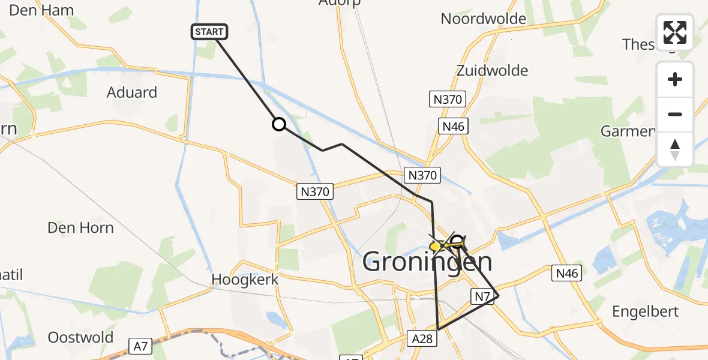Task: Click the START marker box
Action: click(209, 32)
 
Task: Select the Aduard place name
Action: click(131, 92)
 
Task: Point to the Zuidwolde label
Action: click(492, 70)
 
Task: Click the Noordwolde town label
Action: click(483, 19)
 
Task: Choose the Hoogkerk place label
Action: click(237, 280)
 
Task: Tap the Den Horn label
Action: click(80, 228)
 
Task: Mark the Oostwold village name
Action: click(80, 337)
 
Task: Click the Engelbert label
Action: click(645, 311)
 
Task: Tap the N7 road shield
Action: click(482, 295)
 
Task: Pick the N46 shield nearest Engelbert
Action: click(566, 274)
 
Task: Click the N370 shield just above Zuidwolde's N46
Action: click(446, 100)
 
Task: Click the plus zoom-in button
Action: click(675, 79)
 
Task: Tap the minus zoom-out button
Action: click(675, 114)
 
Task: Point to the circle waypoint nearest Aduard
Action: click(279, 124)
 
